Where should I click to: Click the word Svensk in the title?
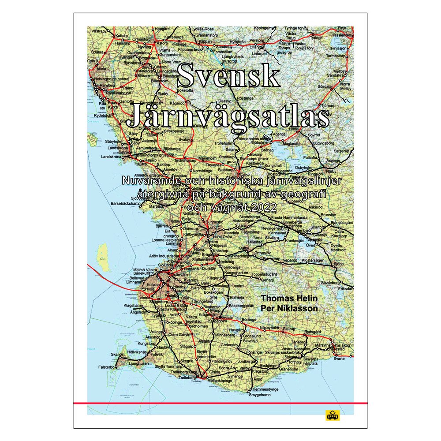(x=228, y=76)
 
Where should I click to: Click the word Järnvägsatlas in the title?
(x=228, y=116)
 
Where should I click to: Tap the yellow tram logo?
(x=331, y=415)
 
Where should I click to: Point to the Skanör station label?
(x=117, y=355)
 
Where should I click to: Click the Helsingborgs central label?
(x=113, y=79)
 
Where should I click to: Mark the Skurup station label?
(x=289, y=329)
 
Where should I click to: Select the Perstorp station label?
(x=257, y=40)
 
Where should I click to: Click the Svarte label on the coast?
(x=339, y=359)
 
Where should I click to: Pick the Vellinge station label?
(x=156, y=331)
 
